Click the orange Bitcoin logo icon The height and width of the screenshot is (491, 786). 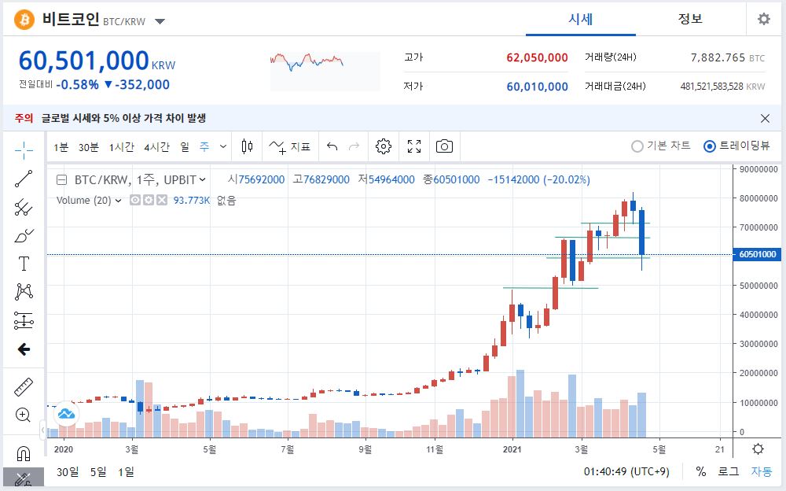(x=24, y=19)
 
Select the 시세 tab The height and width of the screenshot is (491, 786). (x=580, y=19)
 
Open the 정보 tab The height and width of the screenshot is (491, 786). (x=690, y=19)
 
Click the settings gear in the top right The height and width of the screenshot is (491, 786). (x=763, y=19)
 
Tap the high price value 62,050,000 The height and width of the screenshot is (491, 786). (x=537, y=57)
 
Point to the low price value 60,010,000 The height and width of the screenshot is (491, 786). (x=537, y=87)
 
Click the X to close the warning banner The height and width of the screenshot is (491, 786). (x=765, y=118)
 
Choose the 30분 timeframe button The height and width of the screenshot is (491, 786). (x=88, y=147)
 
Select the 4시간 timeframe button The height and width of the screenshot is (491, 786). (x=156, y=147)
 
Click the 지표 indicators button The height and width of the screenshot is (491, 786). (x=289, y=146)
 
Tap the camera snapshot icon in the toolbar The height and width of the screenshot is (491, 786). (x=444, y=146)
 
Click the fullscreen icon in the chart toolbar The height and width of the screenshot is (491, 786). (x=414, y=146)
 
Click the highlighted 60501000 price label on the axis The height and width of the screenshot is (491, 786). (x=757, y=254)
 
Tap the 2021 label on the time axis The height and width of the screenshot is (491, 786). (x=512, y=449)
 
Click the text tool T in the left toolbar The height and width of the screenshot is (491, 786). (x=24, y=264)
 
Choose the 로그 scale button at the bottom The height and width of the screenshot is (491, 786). (x=729, y=471)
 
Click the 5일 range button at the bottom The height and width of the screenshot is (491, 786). (x=98, y=472)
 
